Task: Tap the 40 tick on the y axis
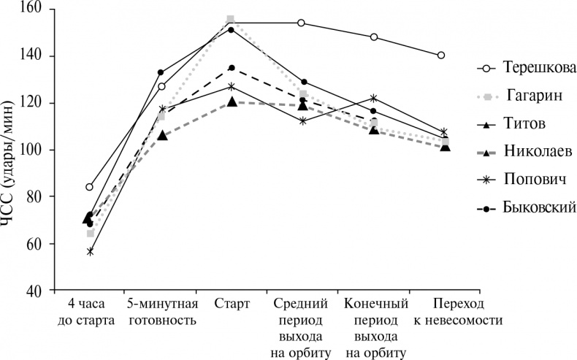pyautogui.click(x=37, y=291)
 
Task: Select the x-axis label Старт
pyautogui.click(x=232, y=304)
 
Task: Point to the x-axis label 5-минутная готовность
pyautogui.click(x=161, y=312)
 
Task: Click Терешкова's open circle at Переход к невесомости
pyautogui.click(x=441, y=55)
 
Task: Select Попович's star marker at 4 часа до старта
pyautogui.click(x=90, y=251)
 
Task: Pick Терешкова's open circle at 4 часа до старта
pyautogui.click(x=89, y=187)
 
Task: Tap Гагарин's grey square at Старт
pyautogui.click(x=231, y=19)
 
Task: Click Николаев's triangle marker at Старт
pyautogui.click(x=232, y=102)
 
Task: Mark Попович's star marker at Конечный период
pyautogui.click(x=374, y=98)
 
